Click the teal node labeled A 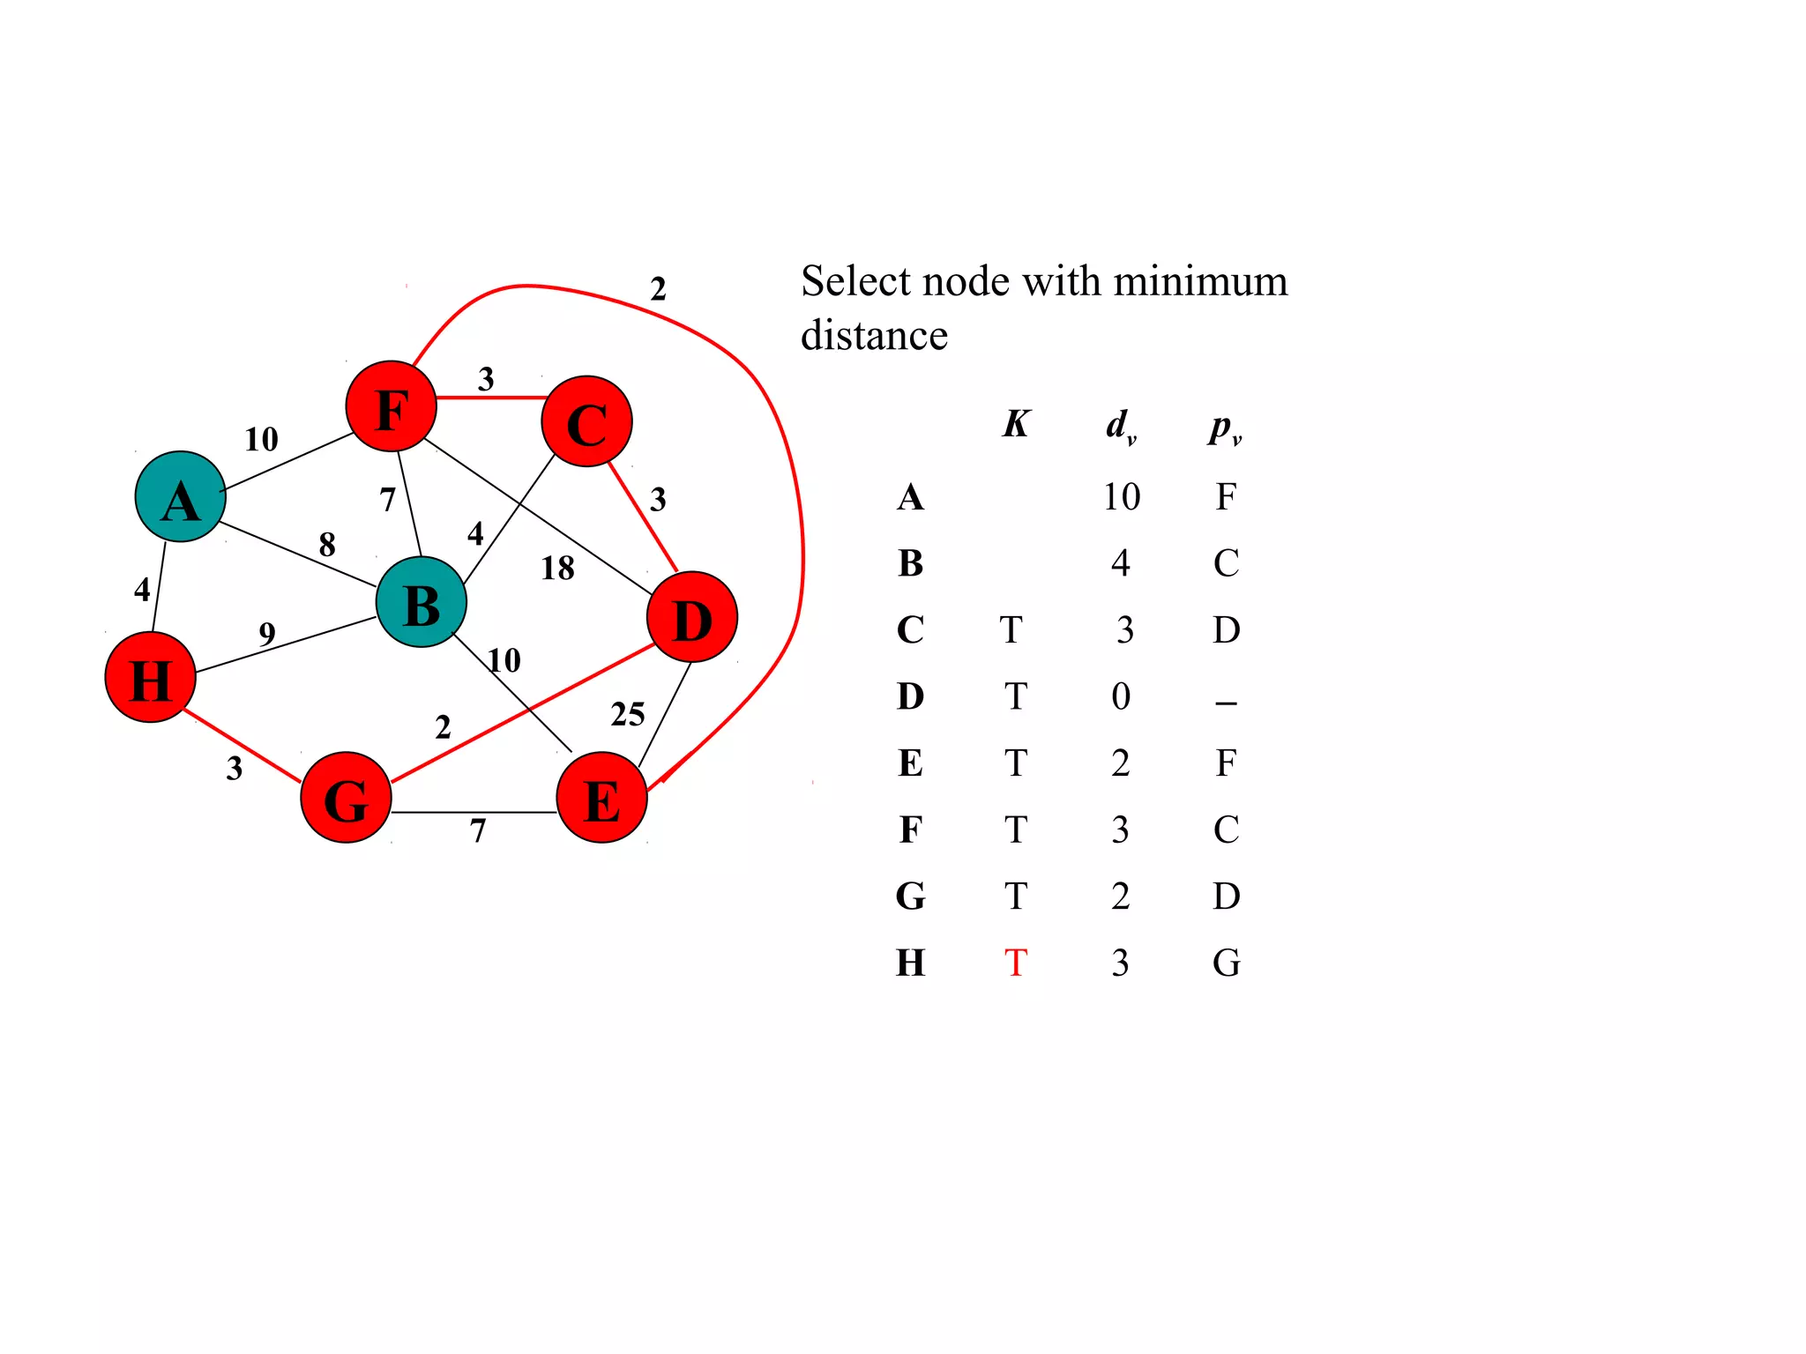coord(180,496)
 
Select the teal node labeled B coord(422,602)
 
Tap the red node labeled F coord(391,406)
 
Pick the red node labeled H coord(150,677)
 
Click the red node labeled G coord(346,797)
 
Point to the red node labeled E coord(601,797)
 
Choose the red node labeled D coord(692,617)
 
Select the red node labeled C coord(586,421)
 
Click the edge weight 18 coord(557,569)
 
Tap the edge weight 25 coord(628,714)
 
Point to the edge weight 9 coord(267,634)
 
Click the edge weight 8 coord(327,545)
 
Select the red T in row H coord(1016,963)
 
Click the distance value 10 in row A coord(1121,497)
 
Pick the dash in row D coord(1226,703)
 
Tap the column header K coord(1016,424)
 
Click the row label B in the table coord(911,563)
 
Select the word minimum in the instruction coord(1200,281)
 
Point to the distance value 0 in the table coord(1121,696)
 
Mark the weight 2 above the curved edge coord(658,289)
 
